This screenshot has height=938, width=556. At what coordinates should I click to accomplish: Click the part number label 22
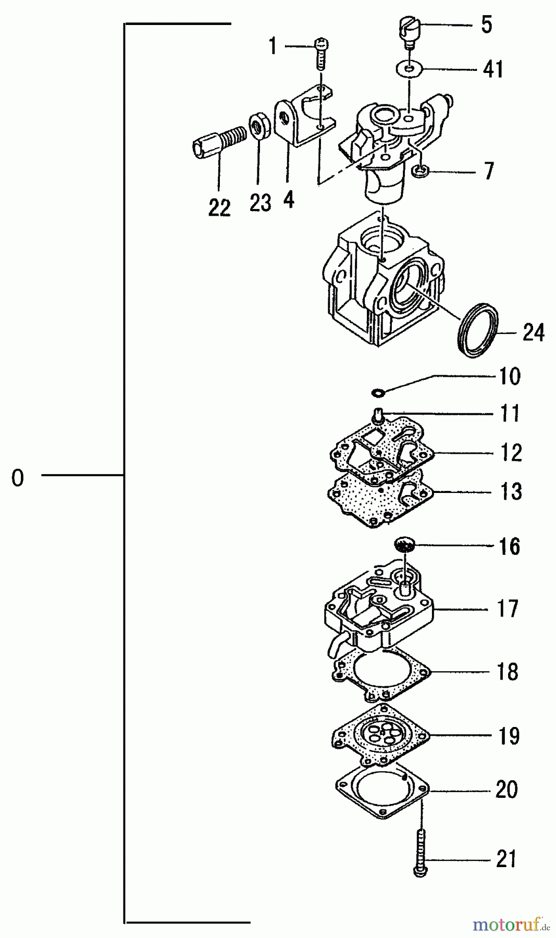click(x=219, y=208)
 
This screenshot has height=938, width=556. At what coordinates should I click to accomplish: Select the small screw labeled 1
click(x=320, y=54)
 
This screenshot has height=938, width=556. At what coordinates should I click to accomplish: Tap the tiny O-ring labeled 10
click(x=377, y=391)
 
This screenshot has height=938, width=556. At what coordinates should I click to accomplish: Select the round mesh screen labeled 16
click(x=404, y=546)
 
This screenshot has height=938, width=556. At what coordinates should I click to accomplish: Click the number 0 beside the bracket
click(x=18, y=477)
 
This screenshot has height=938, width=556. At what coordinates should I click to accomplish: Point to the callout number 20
click(x=506, y=790)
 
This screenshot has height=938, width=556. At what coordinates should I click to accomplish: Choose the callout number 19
click(x=508, y=736)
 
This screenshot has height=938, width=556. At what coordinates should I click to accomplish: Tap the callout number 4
click(x=289, y=200)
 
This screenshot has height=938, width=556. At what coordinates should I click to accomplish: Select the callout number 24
click(x=533, y=332)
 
